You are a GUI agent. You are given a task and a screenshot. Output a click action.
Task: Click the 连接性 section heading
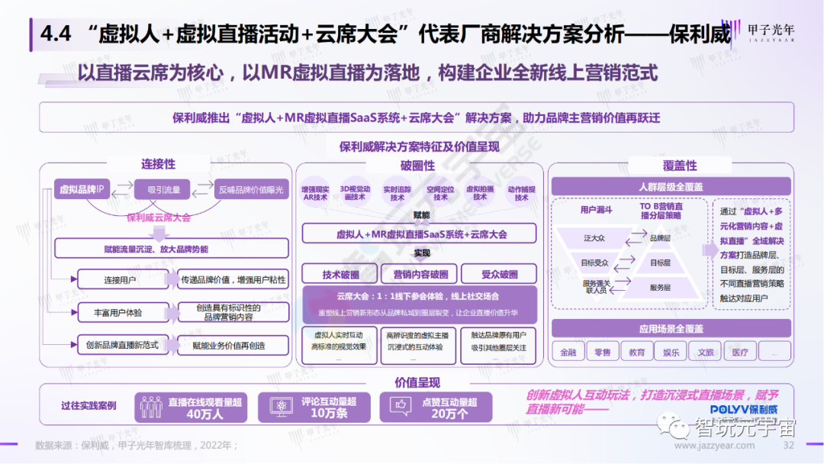158,164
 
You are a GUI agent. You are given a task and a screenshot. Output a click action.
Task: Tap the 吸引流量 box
163,189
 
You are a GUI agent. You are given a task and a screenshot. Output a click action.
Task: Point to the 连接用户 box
120,280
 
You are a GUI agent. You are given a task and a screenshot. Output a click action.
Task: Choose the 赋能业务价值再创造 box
229,346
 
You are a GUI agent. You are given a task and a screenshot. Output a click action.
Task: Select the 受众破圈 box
500,275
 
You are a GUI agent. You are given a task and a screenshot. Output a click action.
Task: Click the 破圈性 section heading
417,166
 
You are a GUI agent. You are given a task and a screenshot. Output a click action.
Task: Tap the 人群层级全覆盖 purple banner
671,187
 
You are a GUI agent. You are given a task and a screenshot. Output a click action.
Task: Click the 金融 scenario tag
568,352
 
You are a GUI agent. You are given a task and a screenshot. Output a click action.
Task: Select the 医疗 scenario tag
740,352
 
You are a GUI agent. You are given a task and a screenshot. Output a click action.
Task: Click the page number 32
789,446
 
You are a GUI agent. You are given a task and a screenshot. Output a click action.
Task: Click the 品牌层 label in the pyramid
659,238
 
